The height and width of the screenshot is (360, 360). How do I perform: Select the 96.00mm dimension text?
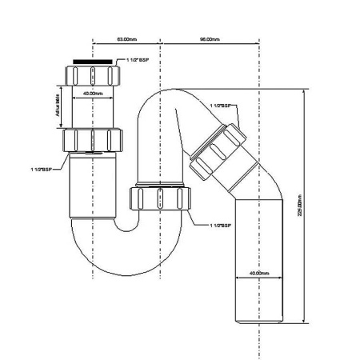point(210,38)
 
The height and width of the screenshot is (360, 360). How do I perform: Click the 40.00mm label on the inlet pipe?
point(93,94)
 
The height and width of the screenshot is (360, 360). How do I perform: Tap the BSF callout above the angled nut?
point(220,106)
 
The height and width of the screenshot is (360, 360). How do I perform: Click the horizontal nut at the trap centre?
point(161,198)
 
